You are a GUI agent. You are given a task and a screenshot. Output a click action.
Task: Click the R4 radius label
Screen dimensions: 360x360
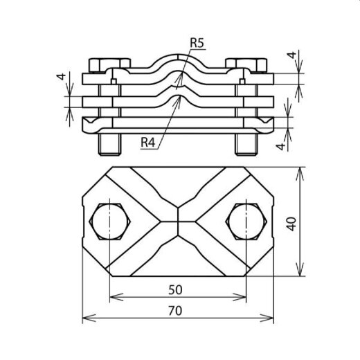pyautogui.click(x=148, y=142)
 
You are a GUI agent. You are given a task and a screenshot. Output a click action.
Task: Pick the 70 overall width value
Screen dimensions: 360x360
pyautogui.click(x=177, y=312)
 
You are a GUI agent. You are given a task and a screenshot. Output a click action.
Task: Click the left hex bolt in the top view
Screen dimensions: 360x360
pyautogui.click(x=109, y=221)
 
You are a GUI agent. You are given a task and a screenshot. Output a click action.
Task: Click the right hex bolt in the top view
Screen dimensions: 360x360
pyautogui.click(x=246, y=221)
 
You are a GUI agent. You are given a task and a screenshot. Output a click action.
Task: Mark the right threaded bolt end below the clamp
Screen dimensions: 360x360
pyautogui.click(x=246, y=145)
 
